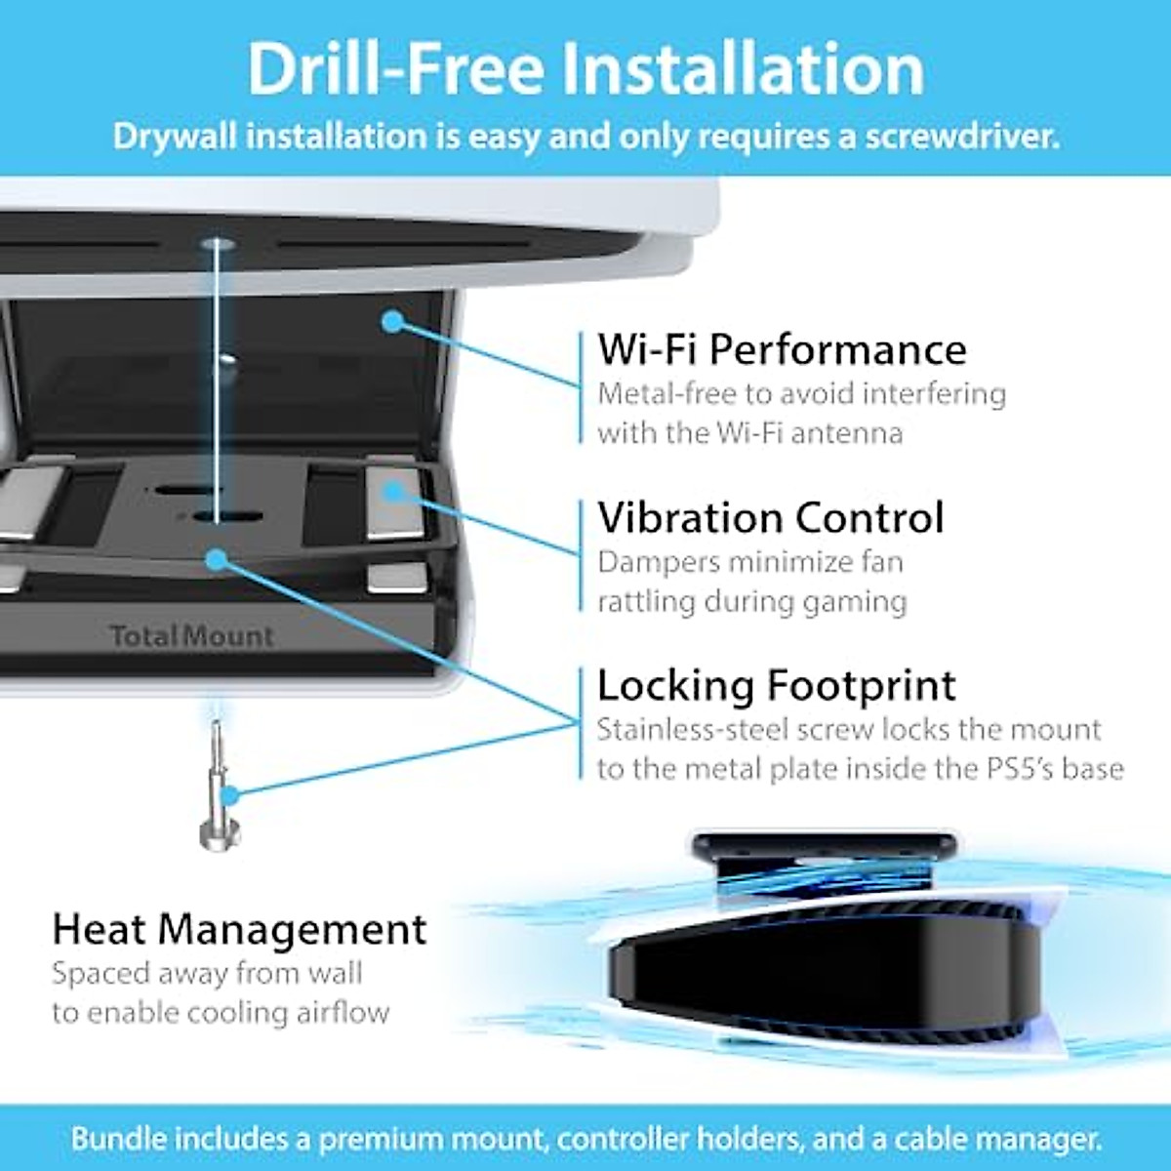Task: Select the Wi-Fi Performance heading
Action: click(x=782, y=348)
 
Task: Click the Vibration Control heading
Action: click(x=771, y=517)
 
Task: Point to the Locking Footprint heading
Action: click(x=776, y=685)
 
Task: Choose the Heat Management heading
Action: click(x=239, y=928)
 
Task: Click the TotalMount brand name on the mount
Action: click(x=192, y=636)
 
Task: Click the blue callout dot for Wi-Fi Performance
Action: click(x=392, y=320)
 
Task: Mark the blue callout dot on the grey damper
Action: click(x=393, y=490)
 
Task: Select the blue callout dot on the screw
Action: click(x=230, y=795)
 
